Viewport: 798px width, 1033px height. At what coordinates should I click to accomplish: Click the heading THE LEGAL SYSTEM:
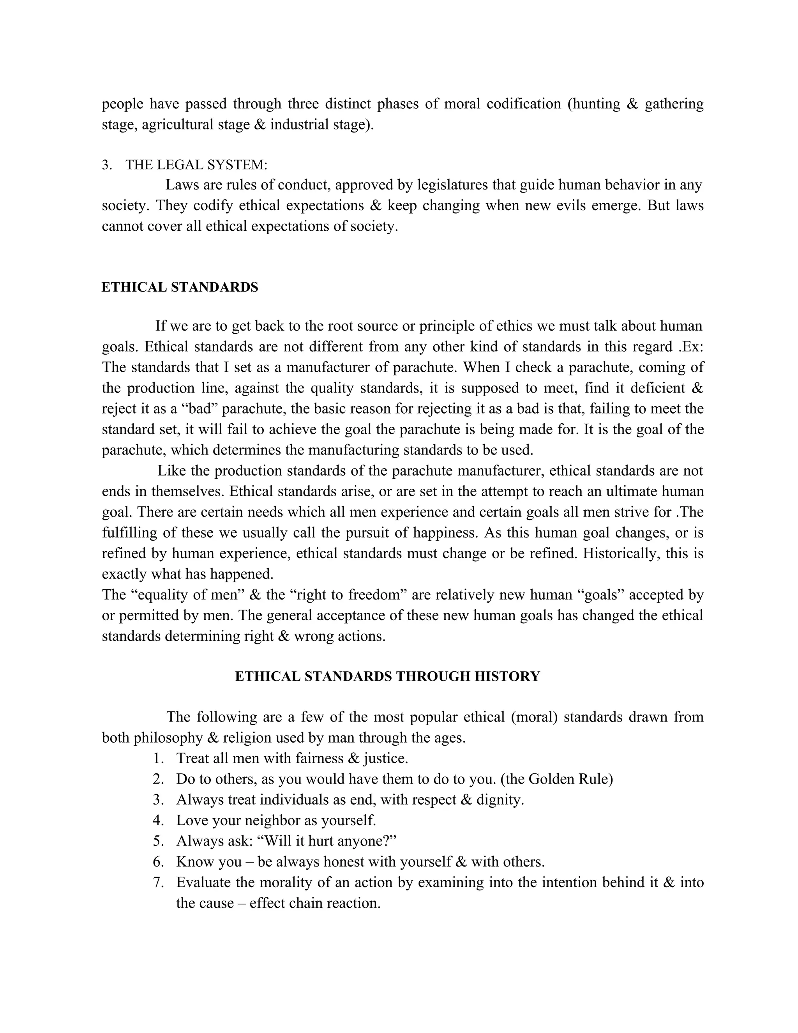[196, 165]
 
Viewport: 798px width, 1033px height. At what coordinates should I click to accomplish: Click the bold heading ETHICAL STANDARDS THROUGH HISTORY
[387, 676]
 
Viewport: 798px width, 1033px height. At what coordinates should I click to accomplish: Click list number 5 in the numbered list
[158, 840]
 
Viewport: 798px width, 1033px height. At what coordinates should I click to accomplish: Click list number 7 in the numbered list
[158, 882]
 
